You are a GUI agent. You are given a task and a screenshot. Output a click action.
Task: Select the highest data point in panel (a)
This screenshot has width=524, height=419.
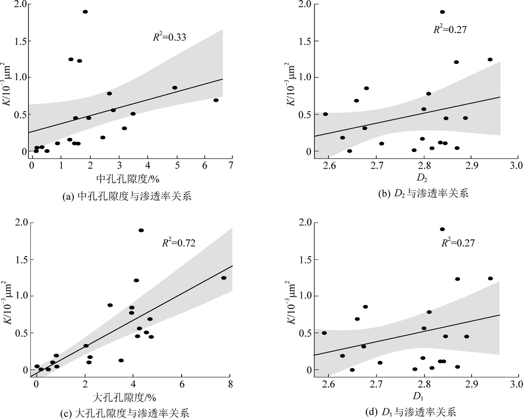85,12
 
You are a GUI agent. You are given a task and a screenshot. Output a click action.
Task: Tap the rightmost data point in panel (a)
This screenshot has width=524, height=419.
216,100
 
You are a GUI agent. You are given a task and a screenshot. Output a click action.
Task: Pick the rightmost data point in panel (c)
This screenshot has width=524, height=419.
224,278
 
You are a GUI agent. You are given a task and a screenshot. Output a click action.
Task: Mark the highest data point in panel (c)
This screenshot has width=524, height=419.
141,230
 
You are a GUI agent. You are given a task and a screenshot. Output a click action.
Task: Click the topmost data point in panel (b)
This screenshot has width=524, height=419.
442,12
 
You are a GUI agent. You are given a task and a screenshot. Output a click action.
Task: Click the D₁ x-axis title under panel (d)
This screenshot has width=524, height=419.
422,399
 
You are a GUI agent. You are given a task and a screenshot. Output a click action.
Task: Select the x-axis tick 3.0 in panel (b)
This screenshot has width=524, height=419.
516,167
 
